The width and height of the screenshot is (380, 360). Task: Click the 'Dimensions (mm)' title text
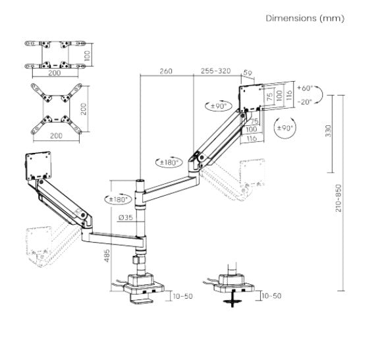(x=305, y=18)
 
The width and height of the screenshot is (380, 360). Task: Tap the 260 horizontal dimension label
(x=166, y=71)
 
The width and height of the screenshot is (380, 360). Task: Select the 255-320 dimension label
(x=216, y=71)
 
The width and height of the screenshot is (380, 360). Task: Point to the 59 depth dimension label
(x=248, y=73)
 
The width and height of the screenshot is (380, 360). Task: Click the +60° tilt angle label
(x=305, y=88)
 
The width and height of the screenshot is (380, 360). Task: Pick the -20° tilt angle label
(x=304, y=102)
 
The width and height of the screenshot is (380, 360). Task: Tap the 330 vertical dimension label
(x=328, y=131)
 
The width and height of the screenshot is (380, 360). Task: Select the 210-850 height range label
(x=339, y=198)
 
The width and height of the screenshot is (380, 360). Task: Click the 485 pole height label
(x=107, y=256)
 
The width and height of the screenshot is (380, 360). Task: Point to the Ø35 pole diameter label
(x=126, y=218)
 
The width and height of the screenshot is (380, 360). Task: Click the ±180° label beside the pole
(x=118, y=199)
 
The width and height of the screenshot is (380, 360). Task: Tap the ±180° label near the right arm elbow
(x=169, y=162)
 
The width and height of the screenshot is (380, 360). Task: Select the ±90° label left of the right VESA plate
(x=219, y=106)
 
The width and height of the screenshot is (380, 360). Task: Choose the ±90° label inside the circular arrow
(x=285, y=128)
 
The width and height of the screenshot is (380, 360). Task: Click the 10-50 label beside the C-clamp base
(x=183, y=296)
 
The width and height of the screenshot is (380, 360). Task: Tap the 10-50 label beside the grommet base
(x=272, y=295)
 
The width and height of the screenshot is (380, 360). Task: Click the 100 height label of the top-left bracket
(x=88, y=55)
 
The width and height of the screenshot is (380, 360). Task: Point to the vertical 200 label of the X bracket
(x=84, y=109)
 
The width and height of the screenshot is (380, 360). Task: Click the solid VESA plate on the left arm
(x=38, y=166)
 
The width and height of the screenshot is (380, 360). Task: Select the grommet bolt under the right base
(x=232, y=299)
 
